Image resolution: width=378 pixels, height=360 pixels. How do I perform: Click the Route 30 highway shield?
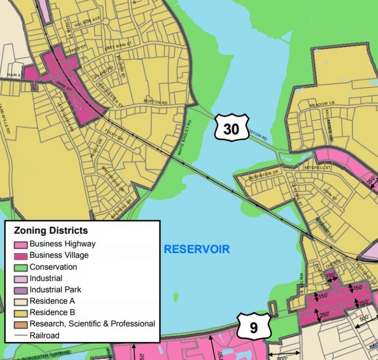pos(231,129)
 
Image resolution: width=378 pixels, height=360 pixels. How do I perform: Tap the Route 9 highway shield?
pos(253,327)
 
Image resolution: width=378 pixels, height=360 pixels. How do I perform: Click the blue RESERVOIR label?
pos(197,249)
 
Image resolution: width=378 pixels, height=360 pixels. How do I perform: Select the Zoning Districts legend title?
pos(51,230)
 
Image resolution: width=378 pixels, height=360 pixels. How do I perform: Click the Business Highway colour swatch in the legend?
pos(21,244)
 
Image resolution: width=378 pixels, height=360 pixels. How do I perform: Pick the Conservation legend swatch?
pos(21,267)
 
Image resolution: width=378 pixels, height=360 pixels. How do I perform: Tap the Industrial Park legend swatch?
pos(21,290)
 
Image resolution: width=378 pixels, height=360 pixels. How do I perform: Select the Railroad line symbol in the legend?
pos(21,335)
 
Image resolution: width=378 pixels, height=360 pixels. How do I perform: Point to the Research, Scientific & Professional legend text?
pos(92,324)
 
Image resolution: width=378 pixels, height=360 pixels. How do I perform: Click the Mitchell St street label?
pos(315,167)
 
